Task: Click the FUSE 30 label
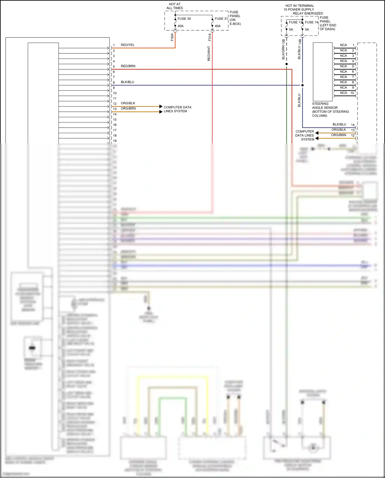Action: [x=184, y=19]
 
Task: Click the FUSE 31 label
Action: [x=221, y=19]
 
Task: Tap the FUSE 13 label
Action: [x=295, y=22]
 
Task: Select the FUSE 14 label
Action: [x=311, y=22]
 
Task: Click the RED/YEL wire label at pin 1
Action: [x=128, y=45]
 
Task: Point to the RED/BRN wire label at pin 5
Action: [x=128, y=66]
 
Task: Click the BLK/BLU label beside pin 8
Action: [x=128, y=82]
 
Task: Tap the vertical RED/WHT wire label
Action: [x=209, y=53]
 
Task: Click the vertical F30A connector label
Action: [x=172, y=37]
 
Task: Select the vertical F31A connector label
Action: [x=210, y=37]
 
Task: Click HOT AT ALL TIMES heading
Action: [x=175, y=6]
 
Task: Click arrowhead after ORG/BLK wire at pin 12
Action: [x=161, y=106]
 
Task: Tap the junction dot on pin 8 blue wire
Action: [x=302, y=85]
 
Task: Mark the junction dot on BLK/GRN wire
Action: [x=286, y=64]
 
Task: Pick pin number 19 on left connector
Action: [x=115, y=141]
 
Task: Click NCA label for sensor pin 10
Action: [x=343, y=93]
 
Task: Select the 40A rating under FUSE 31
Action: [x=218, y=26]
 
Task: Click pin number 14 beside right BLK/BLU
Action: [x=353, y=125]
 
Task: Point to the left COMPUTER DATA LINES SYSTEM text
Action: [x=177, y=109]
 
